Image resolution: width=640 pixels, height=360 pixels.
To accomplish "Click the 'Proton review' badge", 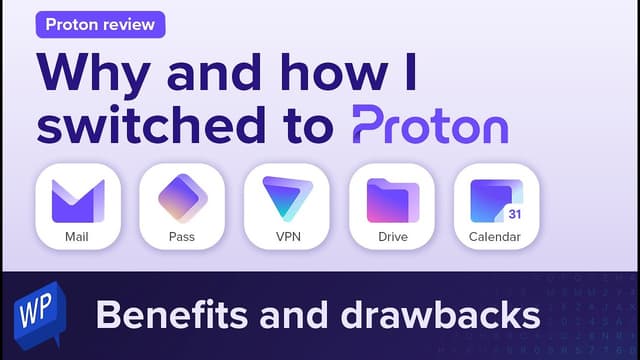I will pos(100,25).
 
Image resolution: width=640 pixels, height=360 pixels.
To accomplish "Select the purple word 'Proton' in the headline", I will pos(430,127).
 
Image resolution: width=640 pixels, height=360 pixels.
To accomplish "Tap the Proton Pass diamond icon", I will pos(182,197).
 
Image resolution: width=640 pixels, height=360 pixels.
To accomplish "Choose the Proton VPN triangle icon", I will pos(287,197).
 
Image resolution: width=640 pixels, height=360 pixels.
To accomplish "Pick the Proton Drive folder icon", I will pos(392,197).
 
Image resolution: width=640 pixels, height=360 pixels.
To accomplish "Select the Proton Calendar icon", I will pos(497,197).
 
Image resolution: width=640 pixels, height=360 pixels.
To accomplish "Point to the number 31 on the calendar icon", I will pos(514,213).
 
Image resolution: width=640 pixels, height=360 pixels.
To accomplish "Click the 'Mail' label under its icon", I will pos(78,237).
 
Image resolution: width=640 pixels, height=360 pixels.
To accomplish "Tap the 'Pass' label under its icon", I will pos(182,237).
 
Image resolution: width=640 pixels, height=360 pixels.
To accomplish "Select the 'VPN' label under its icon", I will pos(287,237).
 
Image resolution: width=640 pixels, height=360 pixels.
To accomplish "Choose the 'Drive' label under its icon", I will pos(392,237).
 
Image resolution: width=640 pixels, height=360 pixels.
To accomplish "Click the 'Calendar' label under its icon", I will pos(497,237).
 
